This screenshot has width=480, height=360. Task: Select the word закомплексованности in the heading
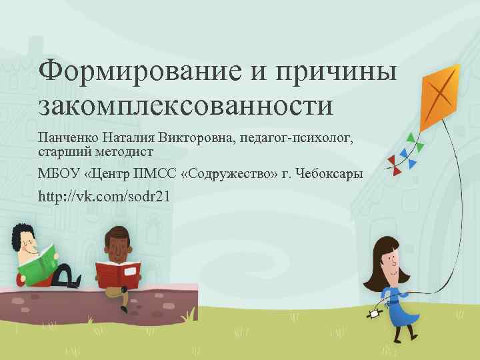coord(185,105)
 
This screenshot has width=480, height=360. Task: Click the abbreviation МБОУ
coord(59,175)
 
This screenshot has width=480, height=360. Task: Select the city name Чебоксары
coord(327,175)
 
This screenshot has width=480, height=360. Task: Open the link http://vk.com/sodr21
coord(104,197)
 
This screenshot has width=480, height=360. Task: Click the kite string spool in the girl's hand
coord(375,311)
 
